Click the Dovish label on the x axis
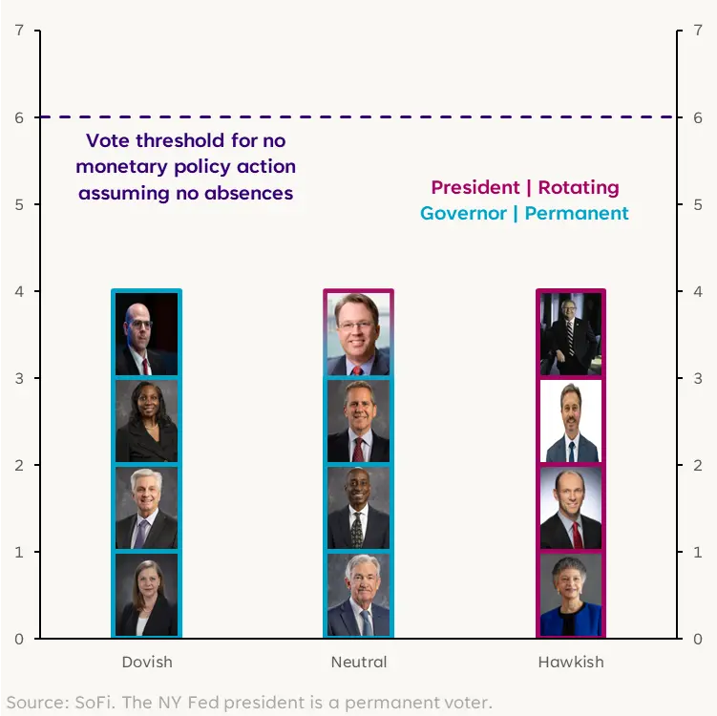point(146,662)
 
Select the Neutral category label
point(359,662)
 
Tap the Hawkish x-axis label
point(571,662)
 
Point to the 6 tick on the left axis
point(19,117)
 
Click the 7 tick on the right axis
point(697,31)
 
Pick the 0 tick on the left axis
point(19,639)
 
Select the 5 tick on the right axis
point(697,204)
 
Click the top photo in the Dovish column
point(146,334)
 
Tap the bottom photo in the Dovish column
point(146,595)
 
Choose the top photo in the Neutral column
point(359,334)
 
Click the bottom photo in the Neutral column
point(359,595)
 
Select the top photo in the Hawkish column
point(571,334)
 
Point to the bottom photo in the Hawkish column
point(571,595)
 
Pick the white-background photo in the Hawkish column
point(571,421)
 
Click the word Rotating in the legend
point(578,187)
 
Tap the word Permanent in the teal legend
point(577,213)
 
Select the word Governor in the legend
point(463,213)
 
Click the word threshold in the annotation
point(177,140)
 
